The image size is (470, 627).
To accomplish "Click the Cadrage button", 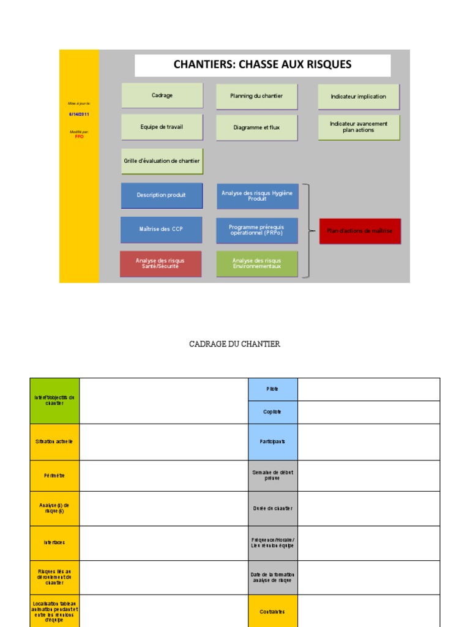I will point(162,96).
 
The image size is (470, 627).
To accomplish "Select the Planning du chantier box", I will point(256,96).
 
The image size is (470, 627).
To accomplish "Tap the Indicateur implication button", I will point(358,97).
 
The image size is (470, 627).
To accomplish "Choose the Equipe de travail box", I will point(162,127).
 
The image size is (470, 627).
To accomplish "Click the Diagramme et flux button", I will point(256,127).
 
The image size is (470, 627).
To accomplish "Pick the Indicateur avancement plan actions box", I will point(358,127).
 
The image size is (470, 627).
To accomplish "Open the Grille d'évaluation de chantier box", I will point(162,161).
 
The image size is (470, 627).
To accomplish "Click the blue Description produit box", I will point(162,195).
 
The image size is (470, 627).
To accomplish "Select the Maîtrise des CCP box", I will point(162,229).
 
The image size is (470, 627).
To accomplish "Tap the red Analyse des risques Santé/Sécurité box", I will point(160,263).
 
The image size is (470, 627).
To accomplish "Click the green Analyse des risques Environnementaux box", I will point(256,263).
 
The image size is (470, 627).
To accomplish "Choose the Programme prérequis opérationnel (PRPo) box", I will point(256,230).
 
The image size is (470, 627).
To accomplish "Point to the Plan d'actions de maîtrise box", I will point(360,231).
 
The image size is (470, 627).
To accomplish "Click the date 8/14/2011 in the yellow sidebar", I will point(79,115).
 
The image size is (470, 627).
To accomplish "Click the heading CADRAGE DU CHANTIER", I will point(235,344).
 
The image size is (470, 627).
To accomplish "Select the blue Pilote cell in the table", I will point(273,389).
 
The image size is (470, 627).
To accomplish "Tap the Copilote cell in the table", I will point(273,412).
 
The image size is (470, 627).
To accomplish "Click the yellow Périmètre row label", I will point(54,475).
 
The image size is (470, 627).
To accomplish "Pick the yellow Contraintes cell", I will point(273,611).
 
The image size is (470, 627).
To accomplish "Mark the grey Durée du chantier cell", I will point(273,508).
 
